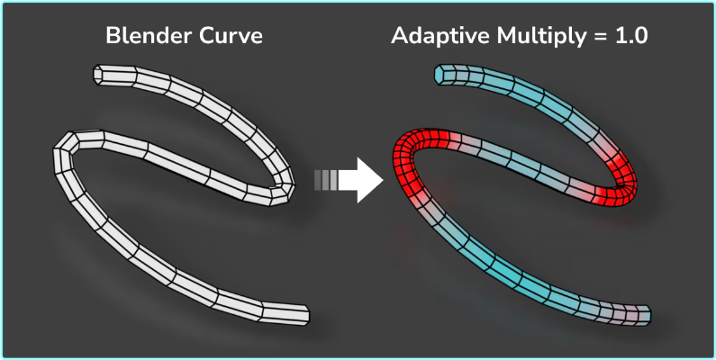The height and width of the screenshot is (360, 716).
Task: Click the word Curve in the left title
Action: (230, 37)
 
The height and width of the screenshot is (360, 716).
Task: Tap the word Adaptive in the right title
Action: (438, 38)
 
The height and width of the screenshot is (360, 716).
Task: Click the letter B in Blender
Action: (112, 37)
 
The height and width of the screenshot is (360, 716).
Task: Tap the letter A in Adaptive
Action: (399, 37)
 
